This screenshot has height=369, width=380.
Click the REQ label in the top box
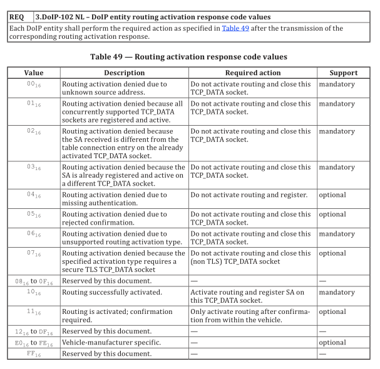16,17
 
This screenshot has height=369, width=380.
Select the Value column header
33,73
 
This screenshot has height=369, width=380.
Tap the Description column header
124,73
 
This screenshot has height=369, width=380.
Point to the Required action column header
252,73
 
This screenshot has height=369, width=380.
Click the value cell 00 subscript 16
33,84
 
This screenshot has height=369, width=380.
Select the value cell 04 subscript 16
33,195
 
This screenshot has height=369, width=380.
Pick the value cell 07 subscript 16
33,254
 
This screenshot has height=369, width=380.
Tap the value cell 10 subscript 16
33,293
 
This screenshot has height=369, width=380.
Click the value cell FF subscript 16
33,353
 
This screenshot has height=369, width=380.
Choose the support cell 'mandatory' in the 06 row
336,233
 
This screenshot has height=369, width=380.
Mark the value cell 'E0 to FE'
33,343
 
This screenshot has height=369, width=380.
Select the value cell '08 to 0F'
33,281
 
